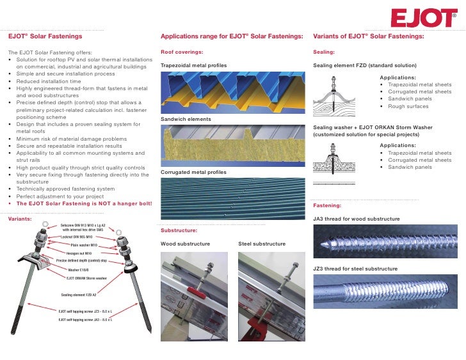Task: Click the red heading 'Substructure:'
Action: pyautogui.click(x=179, y=230)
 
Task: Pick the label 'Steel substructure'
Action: pyautogui.click(x=262, y=244)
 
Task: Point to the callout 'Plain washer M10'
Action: pyautogui.click(x=84, y=245)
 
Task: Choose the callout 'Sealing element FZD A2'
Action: pyautogui.click(x=78, y=295)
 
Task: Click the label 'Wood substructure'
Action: pyautogui.click(x=185, y=244)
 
